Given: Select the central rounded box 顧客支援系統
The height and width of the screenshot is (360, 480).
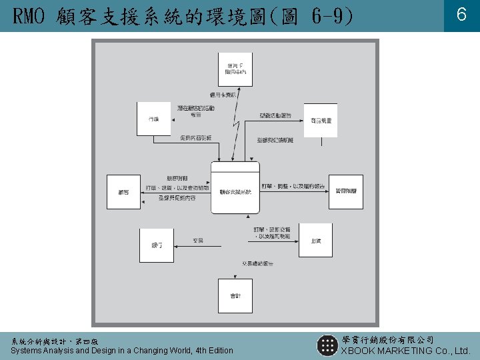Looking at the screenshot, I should pyautogui.click(x=235, y=187).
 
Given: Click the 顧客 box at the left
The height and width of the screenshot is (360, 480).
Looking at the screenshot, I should pyautogui.click(x=124, y=192).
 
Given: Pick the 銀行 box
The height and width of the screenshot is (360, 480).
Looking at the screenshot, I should pyautogui.click(x=156, y=245).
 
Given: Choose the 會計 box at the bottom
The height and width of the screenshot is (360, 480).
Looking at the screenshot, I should pyautogui.click(x=235, y=295).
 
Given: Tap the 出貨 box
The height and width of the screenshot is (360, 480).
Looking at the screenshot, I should pyautogui.click(x=315, y=240).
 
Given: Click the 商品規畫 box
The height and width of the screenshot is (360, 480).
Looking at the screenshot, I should pyautogui.click(x=320, y=121).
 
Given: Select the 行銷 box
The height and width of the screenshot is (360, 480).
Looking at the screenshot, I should pyautogui.click(x=154, y=119).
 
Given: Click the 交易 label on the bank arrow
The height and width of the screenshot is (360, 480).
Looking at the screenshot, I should pyautogui.click(x=198, y=240).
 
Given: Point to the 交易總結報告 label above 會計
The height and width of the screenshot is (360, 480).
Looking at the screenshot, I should pyautogui.click(x=253, y=264).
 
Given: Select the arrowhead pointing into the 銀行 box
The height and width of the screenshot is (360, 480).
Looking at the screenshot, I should pyautogui.click(x=176, y=246).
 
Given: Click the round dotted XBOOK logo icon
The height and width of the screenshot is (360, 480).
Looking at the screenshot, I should pyautogui.click(x=327, y=345).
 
